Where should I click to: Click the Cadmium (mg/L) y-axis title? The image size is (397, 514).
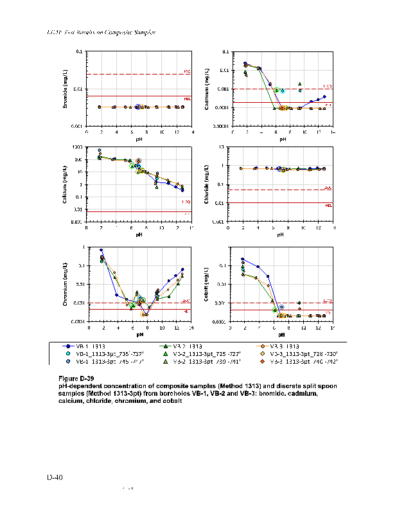(207, 89)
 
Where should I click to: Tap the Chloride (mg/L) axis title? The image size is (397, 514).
(207, 184)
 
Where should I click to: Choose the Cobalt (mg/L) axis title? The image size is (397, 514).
(207, 285)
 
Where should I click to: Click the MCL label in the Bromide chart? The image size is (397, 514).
(188, 98)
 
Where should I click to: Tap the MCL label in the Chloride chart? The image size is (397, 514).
(328, 205)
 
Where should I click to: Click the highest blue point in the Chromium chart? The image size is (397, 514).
(101, 250)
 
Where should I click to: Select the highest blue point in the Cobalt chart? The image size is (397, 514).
(242, 259)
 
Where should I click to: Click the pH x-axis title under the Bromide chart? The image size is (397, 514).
(139, 137)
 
